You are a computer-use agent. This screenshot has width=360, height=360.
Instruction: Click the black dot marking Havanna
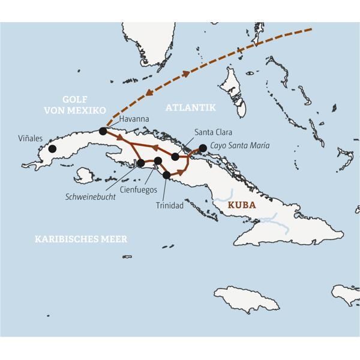[103, 131]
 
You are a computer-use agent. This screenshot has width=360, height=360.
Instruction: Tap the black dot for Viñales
[53, 149]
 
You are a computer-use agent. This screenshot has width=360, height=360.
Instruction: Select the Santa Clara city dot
[175, 157]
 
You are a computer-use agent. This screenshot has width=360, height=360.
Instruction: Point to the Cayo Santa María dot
[203, 148]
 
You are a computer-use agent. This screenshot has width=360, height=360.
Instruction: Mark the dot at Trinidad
[166, 175]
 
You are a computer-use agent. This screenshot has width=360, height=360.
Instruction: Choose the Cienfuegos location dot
[157, 160]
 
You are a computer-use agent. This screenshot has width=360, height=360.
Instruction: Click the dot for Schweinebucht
[140, 163]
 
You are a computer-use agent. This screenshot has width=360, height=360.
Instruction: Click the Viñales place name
[31, 138]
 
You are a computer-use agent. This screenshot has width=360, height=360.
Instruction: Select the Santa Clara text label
[213, 132]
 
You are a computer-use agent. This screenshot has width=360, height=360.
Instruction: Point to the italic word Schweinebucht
[91, 197]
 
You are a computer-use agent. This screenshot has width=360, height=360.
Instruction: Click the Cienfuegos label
[139, 190]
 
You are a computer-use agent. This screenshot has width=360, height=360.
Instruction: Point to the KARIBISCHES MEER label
[81, 239]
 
